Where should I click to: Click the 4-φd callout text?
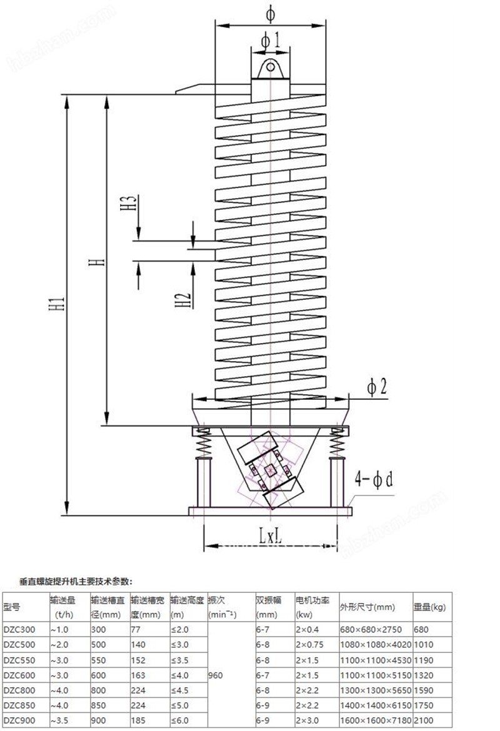[373, 479]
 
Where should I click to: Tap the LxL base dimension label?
[271, 536]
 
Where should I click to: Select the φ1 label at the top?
[271, 41]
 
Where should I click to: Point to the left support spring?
[203, 443]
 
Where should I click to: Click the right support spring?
[337, 443]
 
